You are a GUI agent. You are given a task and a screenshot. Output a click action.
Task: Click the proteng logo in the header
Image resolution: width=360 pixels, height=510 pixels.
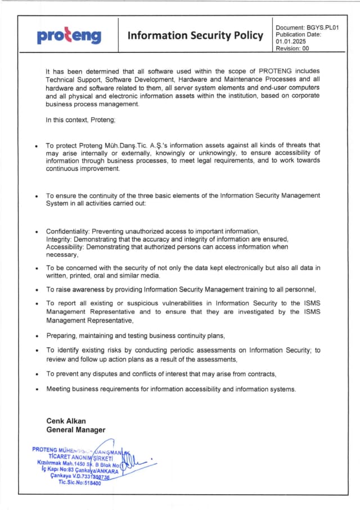(x=69, y=36)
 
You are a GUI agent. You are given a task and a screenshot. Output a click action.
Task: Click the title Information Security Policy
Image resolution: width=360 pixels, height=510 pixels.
(x=195, y=36)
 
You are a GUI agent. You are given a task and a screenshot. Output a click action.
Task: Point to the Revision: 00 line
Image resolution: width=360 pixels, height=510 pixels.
(x=292, y=49)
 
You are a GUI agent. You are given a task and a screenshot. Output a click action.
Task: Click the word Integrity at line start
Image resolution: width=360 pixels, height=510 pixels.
(x=58, y=239)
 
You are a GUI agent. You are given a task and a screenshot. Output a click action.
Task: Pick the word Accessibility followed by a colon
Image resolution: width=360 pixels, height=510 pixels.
(x=66, y=247)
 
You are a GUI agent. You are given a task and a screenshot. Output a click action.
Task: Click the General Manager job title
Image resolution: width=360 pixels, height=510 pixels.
(x=75, y=430)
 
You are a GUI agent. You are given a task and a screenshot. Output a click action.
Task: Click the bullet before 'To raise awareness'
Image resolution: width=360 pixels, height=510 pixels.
(x=37, y=290)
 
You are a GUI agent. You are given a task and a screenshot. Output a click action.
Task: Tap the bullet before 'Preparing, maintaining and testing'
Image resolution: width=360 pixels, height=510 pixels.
(x=37, y=336)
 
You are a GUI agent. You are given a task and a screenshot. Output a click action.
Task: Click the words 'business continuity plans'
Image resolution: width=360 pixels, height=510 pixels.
(x=185, y=336)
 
